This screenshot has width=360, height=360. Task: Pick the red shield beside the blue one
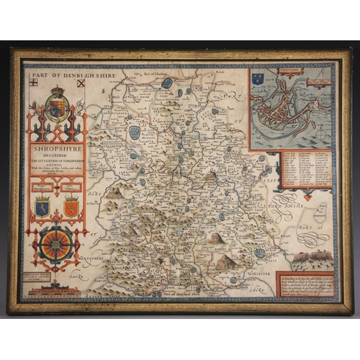pos(71,207)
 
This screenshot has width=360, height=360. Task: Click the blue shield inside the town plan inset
pos(258,79)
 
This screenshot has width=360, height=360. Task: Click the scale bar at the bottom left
pos(58,287)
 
